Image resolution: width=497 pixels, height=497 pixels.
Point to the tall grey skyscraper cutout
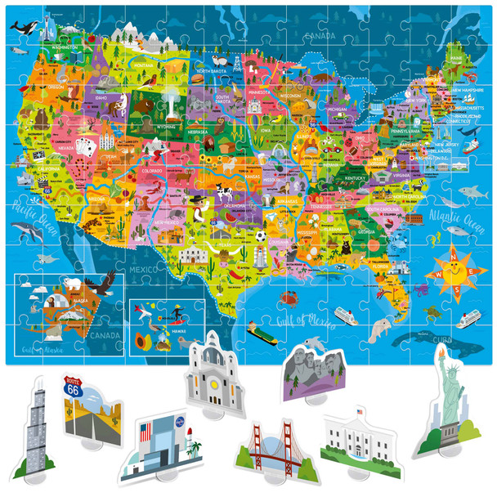tap(34, 429)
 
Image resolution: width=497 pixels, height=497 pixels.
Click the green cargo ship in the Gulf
tap(261, 331)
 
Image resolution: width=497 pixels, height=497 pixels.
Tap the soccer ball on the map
tap(260, 235)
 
